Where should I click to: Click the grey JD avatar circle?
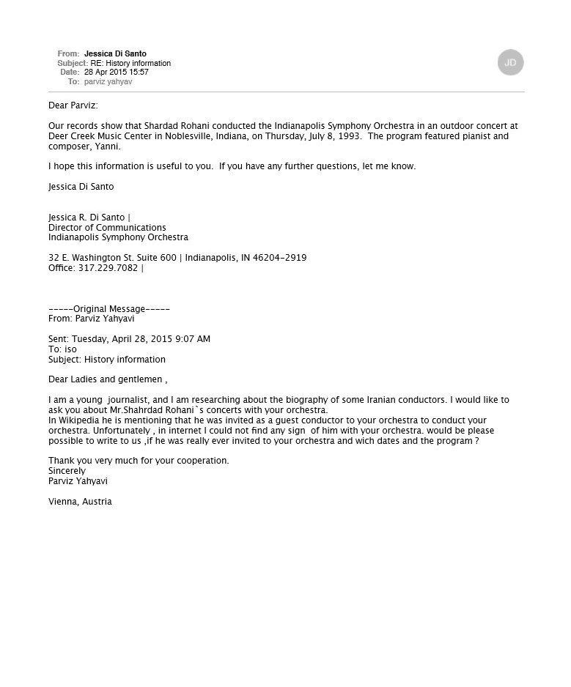click(x=510, y=62)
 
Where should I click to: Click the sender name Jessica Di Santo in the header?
click(x=115, y=53)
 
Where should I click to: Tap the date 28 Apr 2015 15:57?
click(x=116, y=73)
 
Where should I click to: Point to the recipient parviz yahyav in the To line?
click(x=108, y=82)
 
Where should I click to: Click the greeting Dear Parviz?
click(x=73, y=105)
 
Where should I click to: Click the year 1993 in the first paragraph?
click(x=349, y=136)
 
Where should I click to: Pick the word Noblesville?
click(x=177, y=136)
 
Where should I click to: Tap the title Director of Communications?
click(x=107, y=227)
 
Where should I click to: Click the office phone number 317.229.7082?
click(x=108, y=268)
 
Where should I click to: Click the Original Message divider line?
click(x=109, y=309)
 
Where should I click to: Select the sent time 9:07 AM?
click(x=193, y=339)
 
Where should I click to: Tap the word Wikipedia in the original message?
click(x=79, y=420)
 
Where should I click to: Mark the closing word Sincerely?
click(x=67, y=471)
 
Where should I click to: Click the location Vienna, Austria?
click(x=80, y=502)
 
